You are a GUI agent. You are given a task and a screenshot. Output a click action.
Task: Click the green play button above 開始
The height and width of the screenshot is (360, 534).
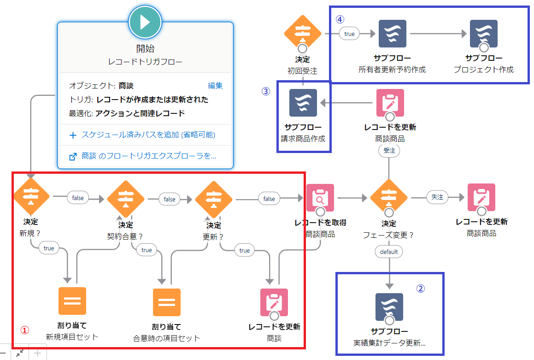coord(145,22)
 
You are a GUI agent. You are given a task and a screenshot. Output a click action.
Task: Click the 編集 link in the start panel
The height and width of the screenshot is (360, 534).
coord(215,86)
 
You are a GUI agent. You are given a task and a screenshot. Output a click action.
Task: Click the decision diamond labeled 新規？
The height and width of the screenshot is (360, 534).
coord(31,197)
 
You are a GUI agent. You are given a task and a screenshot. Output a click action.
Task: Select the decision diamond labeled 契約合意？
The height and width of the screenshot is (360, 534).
coord(126,199)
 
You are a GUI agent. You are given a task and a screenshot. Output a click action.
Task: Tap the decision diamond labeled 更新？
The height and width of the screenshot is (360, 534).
coord(214,199)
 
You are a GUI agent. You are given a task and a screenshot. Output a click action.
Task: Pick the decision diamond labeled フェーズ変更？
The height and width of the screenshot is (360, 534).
coord(389,198)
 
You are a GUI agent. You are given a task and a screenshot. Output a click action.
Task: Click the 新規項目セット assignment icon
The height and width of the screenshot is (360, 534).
coord(72,302)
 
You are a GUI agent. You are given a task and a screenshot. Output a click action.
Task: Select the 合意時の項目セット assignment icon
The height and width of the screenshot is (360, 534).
coord(167,302)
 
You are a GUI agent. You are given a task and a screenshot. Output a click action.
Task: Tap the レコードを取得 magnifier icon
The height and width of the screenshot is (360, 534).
coord(320,198)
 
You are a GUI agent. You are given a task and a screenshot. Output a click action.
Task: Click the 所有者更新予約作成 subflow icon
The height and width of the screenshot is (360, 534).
coord(393,34)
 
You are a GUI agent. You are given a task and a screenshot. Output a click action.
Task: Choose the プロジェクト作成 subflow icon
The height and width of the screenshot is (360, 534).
coord(484,34)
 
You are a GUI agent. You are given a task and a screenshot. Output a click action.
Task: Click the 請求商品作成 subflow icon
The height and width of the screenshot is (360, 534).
coord(303,103)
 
